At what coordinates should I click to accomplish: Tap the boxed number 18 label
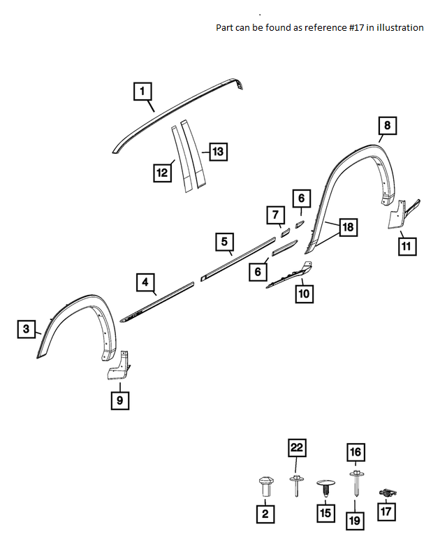pyautogui.click(x=348, y=228)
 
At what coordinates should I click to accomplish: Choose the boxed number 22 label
pyautogui.click(x=297, y=448)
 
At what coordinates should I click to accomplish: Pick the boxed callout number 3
pyautogui.click(x=26, y=329)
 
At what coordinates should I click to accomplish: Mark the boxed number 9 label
pyautogui.click(x=119, y=400)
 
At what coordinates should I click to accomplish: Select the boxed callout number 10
pyautogui.click(x=303, y=294)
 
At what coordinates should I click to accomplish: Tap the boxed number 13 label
pyautogui.click(x=218, y=151)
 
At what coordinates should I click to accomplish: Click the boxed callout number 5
pyautogui.click(x=223, y=242)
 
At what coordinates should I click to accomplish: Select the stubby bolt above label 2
pyautogui.click(x=265, y=486)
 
